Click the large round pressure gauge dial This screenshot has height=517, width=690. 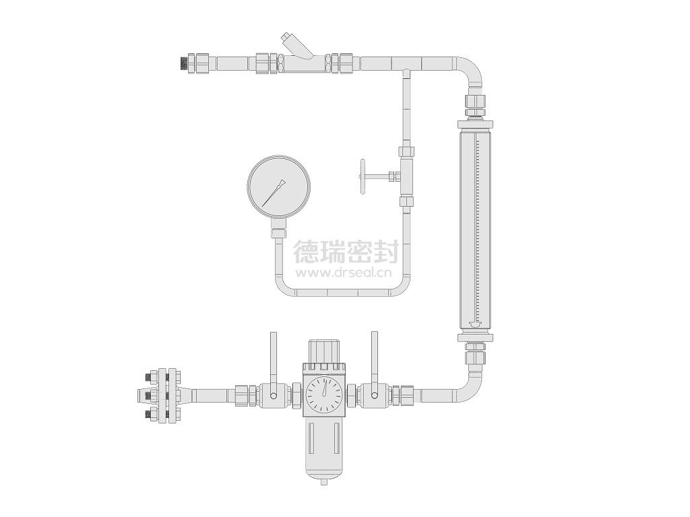pos(278,187)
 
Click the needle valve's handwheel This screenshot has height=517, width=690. pos(363,176)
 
